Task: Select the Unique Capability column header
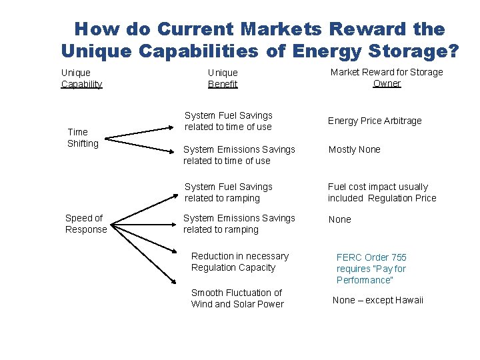(x=81, y=78)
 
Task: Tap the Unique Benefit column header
(x=223, y=78)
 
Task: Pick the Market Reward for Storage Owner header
(x=387, y=77)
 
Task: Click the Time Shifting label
(x=83, y=137)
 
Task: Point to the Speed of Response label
(x=86, y=223)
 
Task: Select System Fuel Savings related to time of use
(x=228, y=121)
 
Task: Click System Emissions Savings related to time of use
(x=229, y=155)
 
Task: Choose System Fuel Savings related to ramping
(x=228, y=192)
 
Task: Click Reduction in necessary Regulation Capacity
(x=239, y=261)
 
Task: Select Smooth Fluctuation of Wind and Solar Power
(x=237, y=298)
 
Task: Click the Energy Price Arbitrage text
(x=374, y=121)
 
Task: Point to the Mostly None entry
(x=354, y=149)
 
